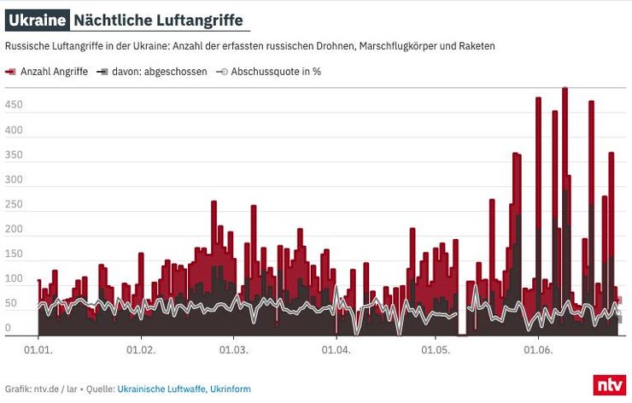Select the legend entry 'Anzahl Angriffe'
click(51, 72)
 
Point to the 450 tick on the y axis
click(13, 105)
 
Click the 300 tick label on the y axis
click(13, 180)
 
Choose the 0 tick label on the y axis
click(9, 329)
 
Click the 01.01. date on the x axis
click(38, 349)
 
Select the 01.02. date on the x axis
click(140, 349)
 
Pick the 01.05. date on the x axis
click(435, 349)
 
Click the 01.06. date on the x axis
click(537, 349)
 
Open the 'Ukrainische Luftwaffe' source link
click(164, 388)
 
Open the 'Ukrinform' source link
click(232, 388)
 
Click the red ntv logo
click(610, 384)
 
